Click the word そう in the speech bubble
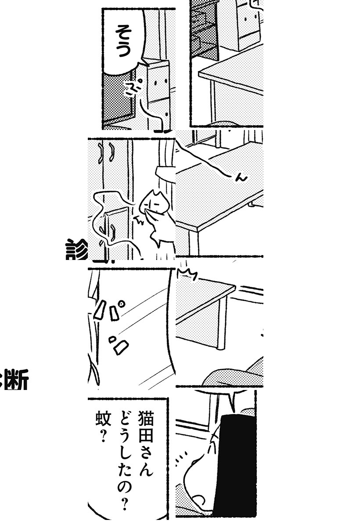122,42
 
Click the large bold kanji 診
77,249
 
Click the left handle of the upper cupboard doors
102,152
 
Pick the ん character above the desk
241,177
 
